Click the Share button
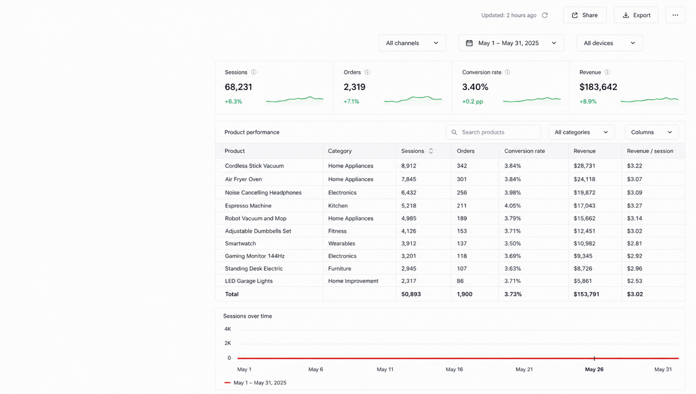pyautogui.click(x=585, y=15)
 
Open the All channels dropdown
pyautogui.click(x=412, y=43)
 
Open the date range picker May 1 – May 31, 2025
pyautogui.click(x=511, y=43)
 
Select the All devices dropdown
pyautogui.click(x=609, y=43)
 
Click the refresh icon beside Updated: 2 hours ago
pyautogui.click(x=545, y=15)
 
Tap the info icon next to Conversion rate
pyautogui.click(x=508, y=72)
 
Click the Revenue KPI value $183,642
pyautogui.click(x=598, y=87)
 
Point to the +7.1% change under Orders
pyautogui.click(x=351, y=101)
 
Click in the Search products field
pyautogui.click(x=493, y=132)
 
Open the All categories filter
pyautogui.click(x=581, y=132)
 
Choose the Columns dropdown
pyautogui.click(x=652, y=132)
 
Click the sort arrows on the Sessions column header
pyautogui.click(x=431, y=151)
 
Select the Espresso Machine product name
pyautogui.click(x=248, y=205)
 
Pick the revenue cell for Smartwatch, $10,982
pyautogui.click(x=584, y=243)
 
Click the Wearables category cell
pyautogui.click(x=342, y=243)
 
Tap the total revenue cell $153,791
pyautogui.click(x=586, y=294)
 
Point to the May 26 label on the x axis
pyautogui.click(x=594, y=370)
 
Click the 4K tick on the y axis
pyautogui.click(x=228, y=329)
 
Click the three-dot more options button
pyautogui.click(x=675, y=15)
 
